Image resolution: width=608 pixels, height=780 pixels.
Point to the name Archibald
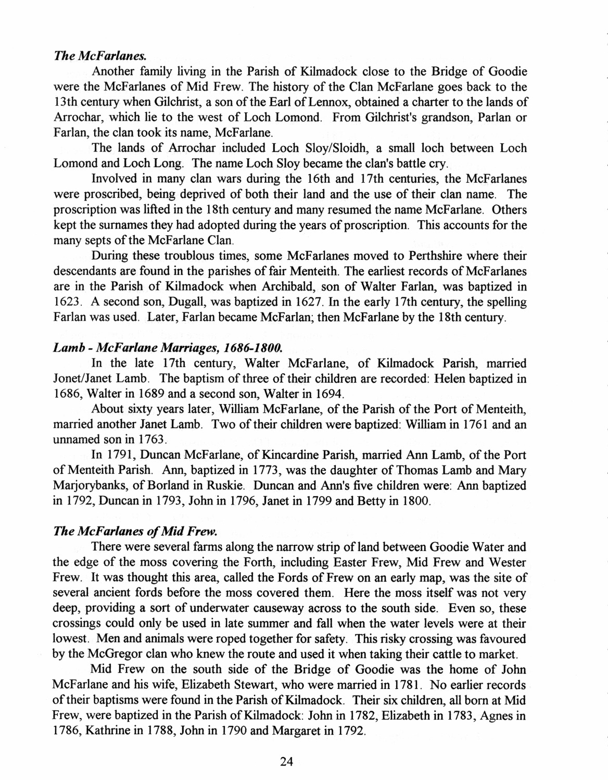coord(282,287)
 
